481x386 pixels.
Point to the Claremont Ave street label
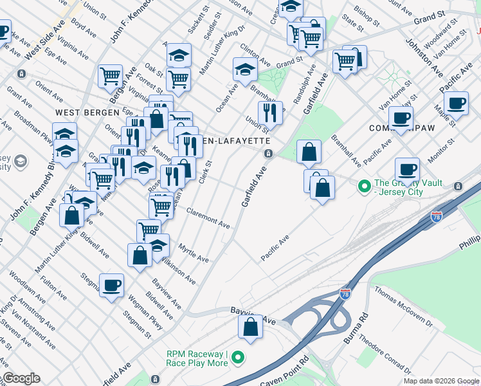click(208, 217)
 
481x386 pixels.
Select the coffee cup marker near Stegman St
click(111, 285)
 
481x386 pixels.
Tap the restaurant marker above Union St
click(270, 113)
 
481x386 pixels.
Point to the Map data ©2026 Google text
click(440, 381)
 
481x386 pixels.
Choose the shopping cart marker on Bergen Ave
click(110, 76)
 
